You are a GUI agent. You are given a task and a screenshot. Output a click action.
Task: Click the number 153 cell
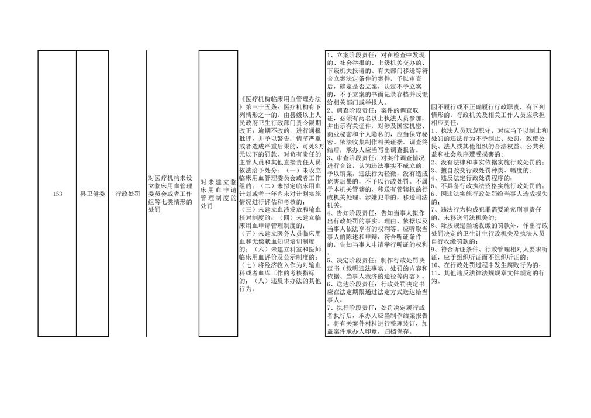[57, 194]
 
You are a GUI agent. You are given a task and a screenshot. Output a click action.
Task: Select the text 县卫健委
[92, 194]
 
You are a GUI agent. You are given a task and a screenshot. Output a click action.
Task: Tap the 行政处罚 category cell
[128, 194]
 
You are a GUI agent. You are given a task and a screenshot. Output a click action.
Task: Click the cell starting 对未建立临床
[218, 194]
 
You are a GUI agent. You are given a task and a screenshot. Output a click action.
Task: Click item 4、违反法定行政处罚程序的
[472, 178]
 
